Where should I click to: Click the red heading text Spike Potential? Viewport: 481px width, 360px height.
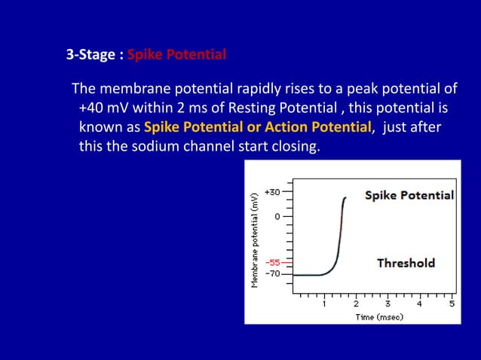click(x=176, y=55)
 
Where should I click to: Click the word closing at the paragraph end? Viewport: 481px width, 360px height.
click(x=293, y=145)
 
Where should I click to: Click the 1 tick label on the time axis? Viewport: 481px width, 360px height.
click(x=324, y=304)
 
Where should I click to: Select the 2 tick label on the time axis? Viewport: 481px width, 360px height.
click(x=356, y=304)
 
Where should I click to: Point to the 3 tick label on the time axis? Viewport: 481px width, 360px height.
click(x=388, y=304)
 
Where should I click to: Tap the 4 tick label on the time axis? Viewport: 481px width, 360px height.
click(x=419, y=304)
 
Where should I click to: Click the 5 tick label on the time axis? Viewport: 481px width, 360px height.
click(x=451, y=304)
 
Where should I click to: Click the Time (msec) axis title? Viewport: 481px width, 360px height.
click(x=379, y=317)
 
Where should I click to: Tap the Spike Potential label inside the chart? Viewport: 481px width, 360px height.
click(x=409, y=195)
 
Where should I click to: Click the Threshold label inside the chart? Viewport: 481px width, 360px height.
click(x=406, y=263)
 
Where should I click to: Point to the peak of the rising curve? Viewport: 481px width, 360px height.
click(x=345, y=198)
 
